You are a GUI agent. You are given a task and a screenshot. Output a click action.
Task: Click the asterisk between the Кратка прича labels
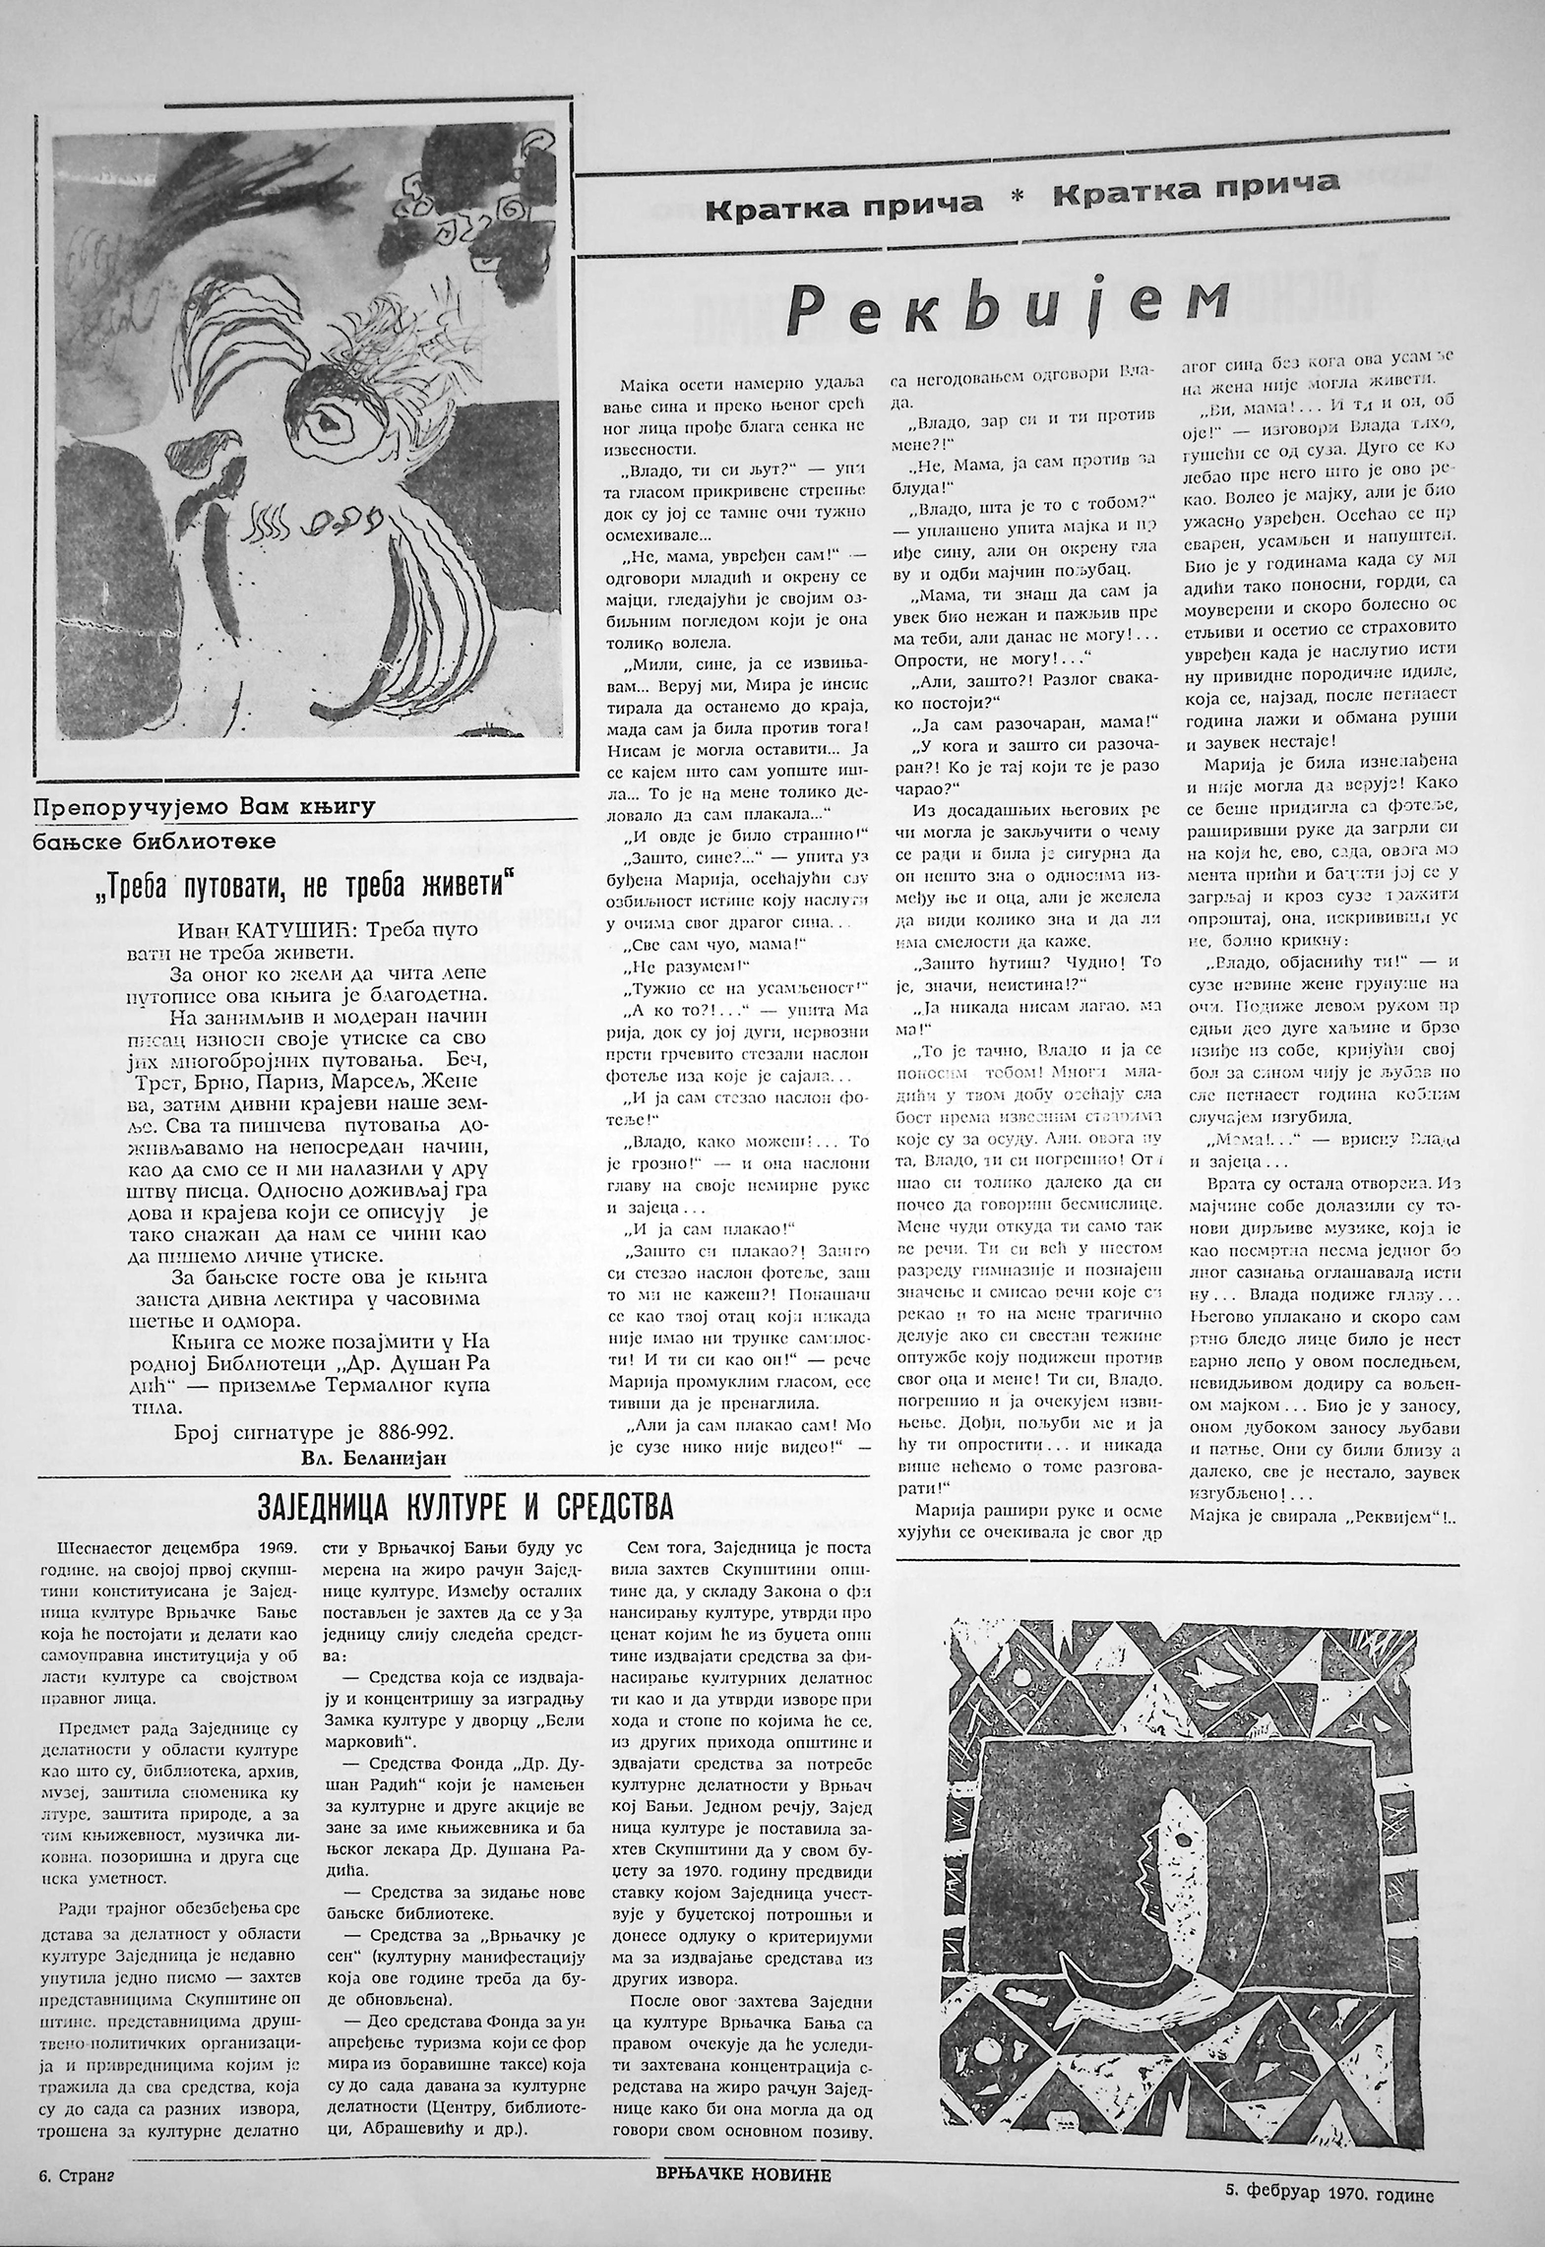point(1019,197)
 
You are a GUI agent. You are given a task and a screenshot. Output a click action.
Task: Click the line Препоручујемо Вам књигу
point(205,809)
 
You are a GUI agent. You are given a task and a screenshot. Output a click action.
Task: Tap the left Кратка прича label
point(844,205)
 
